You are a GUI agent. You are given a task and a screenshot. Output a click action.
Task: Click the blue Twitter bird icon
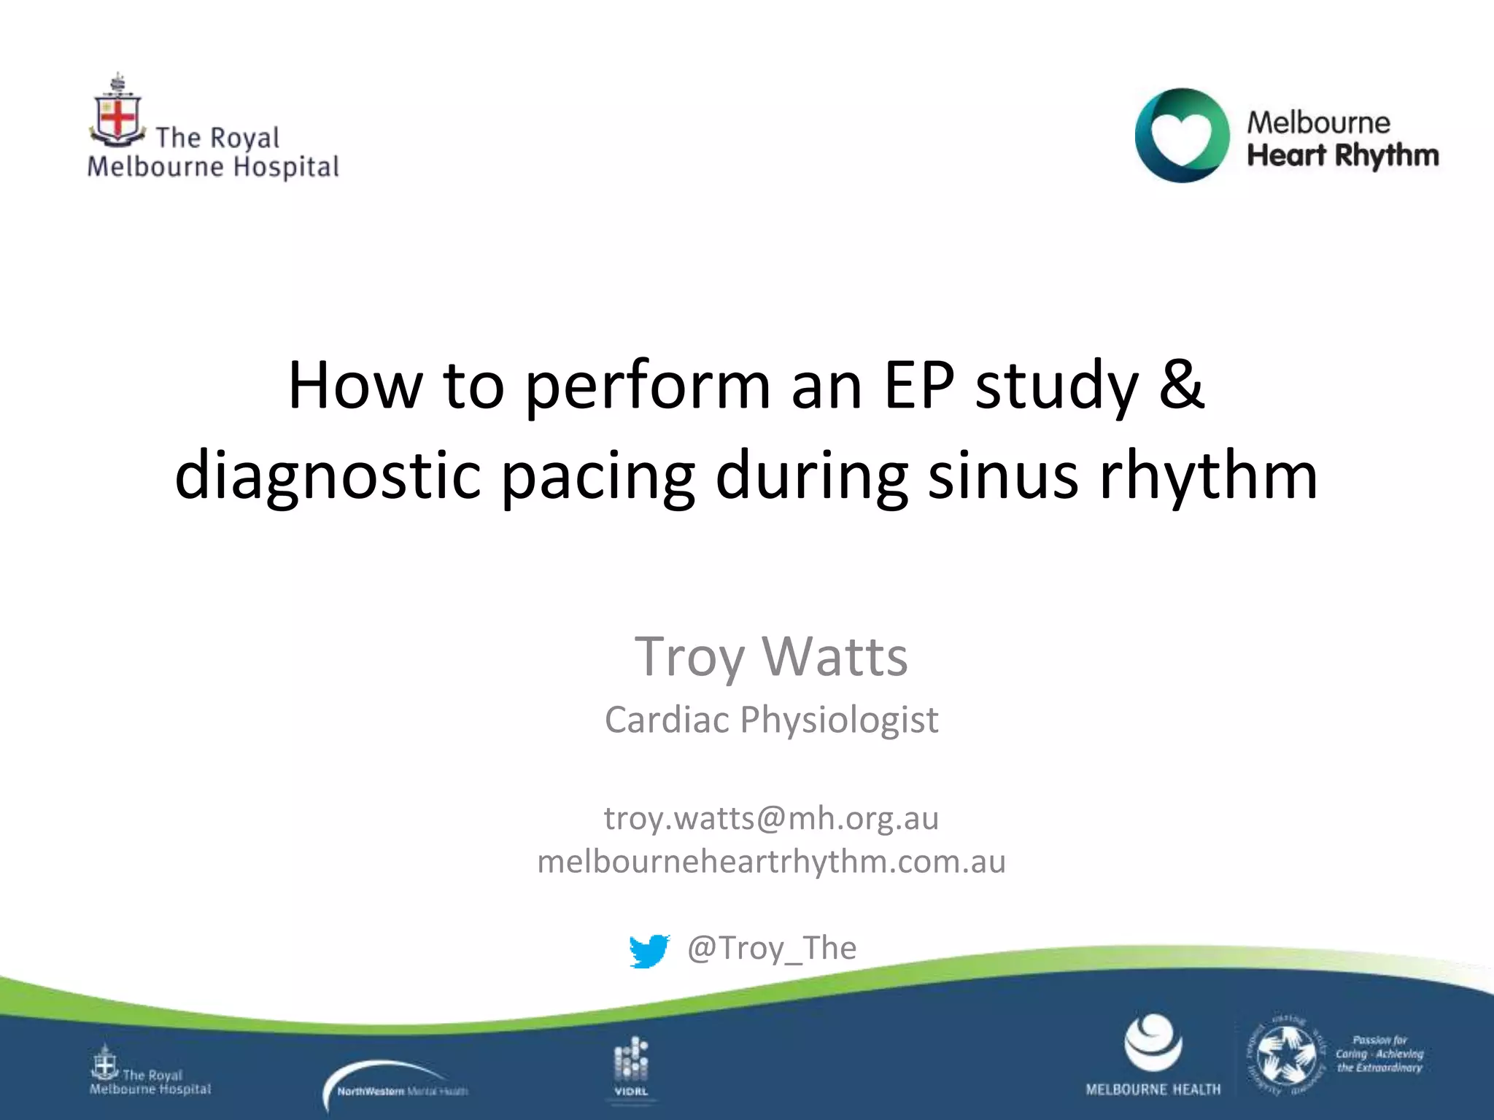(x=649, y=951)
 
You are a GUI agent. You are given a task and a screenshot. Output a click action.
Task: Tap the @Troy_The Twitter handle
(x=772, y=948)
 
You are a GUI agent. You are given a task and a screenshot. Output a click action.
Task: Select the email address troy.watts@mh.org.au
(x=771, y=818)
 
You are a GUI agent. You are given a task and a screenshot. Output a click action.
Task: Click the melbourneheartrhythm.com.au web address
(x=771, y=862)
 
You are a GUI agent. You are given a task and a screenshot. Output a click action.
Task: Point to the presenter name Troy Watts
(x=771, y=656)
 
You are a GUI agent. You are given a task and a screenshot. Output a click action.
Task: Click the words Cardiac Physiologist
(x=771, y=720)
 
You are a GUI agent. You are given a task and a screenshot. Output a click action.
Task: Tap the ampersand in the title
(x=1181, y=384)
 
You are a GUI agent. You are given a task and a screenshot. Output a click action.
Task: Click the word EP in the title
(x=918, y=384)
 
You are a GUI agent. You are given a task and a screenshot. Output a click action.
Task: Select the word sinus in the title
(x=1002, y=475)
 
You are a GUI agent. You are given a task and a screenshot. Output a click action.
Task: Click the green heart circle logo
(x=1182, y=136)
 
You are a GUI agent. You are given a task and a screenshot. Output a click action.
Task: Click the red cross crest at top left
(x=117, y=117)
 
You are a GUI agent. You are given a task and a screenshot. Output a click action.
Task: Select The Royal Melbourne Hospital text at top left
(x=213, y=153)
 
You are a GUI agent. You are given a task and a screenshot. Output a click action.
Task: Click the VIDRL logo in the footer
(x=631, y=1066)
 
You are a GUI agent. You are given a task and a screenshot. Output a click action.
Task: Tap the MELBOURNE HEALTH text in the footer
(x=1153, y=1089)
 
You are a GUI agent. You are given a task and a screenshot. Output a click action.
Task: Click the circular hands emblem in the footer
(x=1285, y=1054)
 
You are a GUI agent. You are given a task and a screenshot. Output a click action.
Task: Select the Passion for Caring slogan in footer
(x=1379, y=1054)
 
